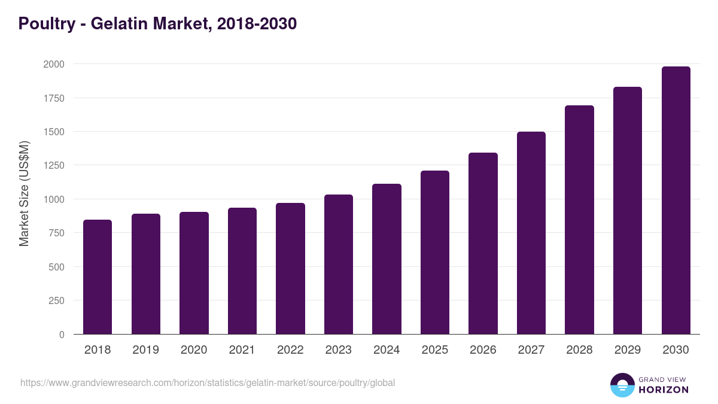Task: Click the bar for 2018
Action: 98,277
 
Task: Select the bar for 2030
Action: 676,201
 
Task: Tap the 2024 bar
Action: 387,259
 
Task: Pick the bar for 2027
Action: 531,233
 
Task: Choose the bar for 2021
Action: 242,271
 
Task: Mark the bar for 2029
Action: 628,211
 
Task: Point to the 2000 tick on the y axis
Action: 54,64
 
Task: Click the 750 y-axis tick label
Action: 57,233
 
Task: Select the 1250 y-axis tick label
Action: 54,165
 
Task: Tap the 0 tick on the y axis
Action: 62,335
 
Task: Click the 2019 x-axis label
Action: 146,350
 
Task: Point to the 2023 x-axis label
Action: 339,350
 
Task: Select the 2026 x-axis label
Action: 483,350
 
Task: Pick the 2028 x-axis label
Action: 579,350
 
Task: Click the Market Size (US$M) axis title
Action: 24,193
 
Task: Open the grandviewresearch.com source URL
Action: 208,382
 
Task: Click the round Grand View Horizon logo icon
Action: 622,385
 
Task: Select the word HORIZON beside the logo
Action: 664,390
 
